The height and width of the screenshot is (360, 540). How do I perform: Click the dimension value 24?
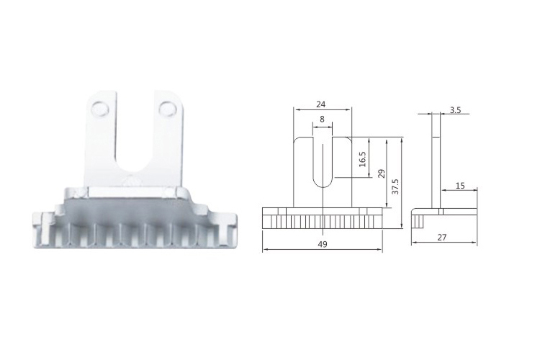pyautogui.click(x=320, y=104)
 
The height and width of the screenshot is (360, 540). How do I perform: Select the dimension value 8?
pyautogui.click(x=322, y=120)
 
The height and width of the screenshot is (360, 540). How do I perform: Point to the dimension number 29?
pyautogui.click(x=382, y=174)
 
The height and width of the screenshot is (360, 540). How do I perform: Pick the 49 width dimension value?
pyautogui.click(x=323, y=244)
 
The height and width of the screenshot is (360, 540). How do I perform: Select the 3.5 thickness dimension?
pyautogui.click(x=455, y=110)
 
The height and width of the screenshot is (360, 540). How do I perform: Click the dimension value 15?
pyautogui.click(x=460, y=186)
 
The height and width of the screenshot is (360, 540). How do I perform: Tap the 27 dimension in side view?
pyautogui.click(x=442, y=238)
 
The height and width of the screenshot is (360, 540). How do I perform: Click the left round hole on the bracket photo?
pyautogui.click(x=99, y=107)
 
